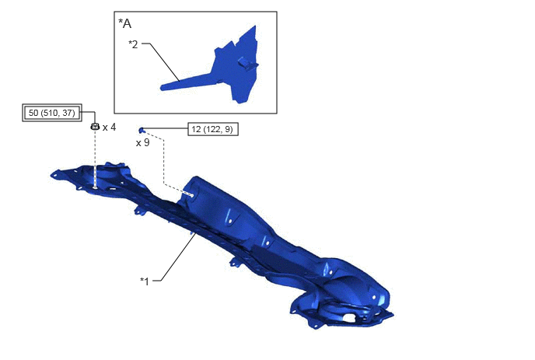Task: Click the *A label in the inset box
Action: click(124, 23)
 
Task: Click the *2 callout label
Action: click(133, 44)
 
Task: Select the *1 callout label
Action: click(145, 281)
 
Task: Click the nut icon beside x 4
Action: click(95, 127)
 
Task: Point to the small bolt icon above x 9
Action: click(142, 130)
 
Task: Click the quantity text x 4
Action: click(109, 128)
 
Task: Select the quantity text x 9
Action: click(142, 142)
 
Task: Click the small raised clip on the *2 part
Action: click(247, 63)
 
